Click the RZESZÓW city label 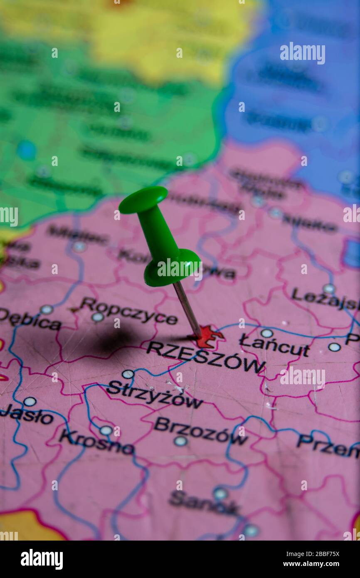tap(205, 356)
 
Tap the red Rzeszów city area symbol tap(208, 336)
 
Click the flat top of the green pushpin tap(143, 199)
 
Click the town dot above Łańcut tap(266, 333)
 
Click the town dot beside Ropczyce tap(98, 317)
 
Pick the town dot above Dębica tap(46, 309)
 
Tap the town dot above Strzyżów tap(128, 374)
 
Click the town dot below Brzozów tap(180, 441)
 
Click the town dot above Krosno tap(106, 430)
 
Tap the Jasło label tap(27, 414)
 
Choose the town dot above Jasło tap(30, 401)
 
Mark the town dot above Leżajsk tap(329, 288)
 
